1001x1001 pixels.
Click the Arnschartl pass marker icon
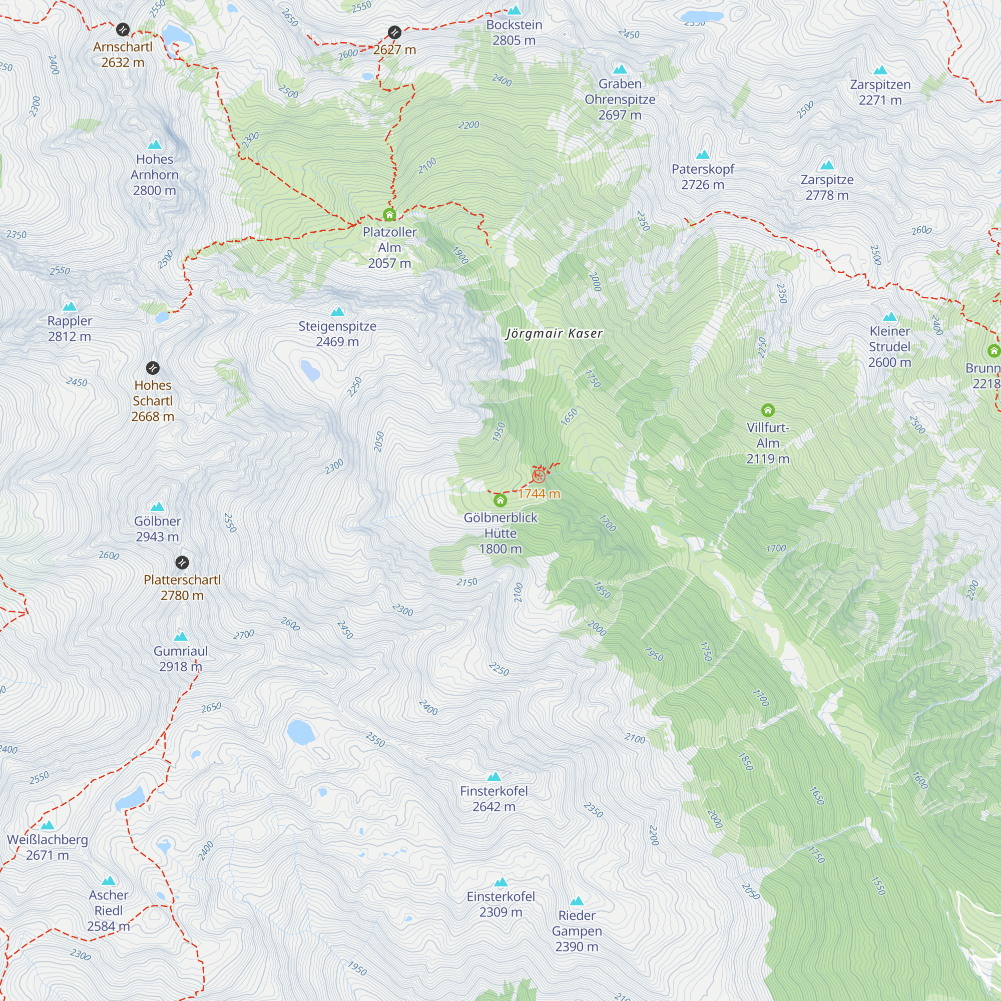tap(123, 30)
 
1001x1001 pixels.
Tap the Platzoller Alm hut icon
tap(389, 215)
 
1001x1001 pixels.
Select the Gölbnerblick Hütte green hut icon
tap(500, 500)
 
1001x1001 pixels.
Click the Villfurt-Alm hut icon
tap(768, 410)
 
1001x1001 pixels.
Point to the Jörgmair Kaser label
tap(554, 333)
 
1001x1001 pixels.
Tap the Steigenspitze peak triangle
tap(337, 311)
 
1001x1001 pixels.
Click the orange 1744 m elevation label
tap(539, 494)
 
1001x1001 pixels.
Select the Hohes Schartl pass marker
tap(153, 368)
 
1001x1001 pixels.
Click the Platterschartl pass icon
tap(182, 563)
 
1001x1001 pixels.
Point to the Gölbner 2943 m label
tap(158, 529)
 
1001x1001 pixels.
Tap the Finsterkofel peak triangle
tap(494, 777)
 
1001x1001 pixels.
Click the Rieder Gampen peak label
tap(577, 931)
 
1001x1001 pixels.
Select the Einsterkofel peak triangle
tap(500, 882)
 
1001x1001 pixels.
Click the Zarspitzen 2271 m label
tap(880, 92)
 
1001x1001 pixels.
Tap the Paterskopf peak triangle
tap(703, 154)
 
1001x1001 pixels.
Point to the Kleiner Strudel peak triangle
tap(889, 317)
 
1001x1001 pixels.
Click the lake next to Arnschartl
tap(176, 36)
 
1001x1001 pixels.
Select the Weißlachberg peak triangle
tap(48, 825)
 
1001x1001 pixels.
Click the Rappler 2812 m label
tap(70, 328)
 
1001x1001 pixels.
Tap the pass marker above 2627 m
tap(395, 33)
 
